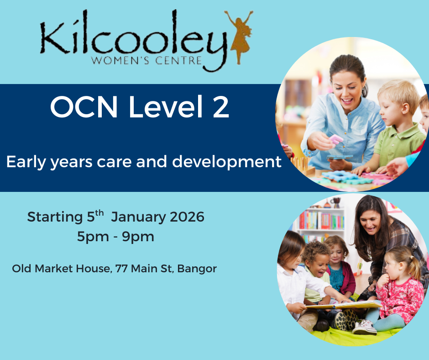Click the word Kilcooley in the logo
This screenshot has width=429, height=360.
pos(132,38)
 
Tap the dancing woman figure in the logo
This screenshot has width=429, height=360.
pos(239,37)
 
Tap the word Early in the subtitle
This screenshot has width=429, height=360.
pos(23,162)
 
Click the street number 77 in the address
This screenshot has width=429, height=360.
pos(122,269)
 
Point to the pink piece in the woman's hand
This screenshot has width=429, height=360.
pos(336,139)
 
